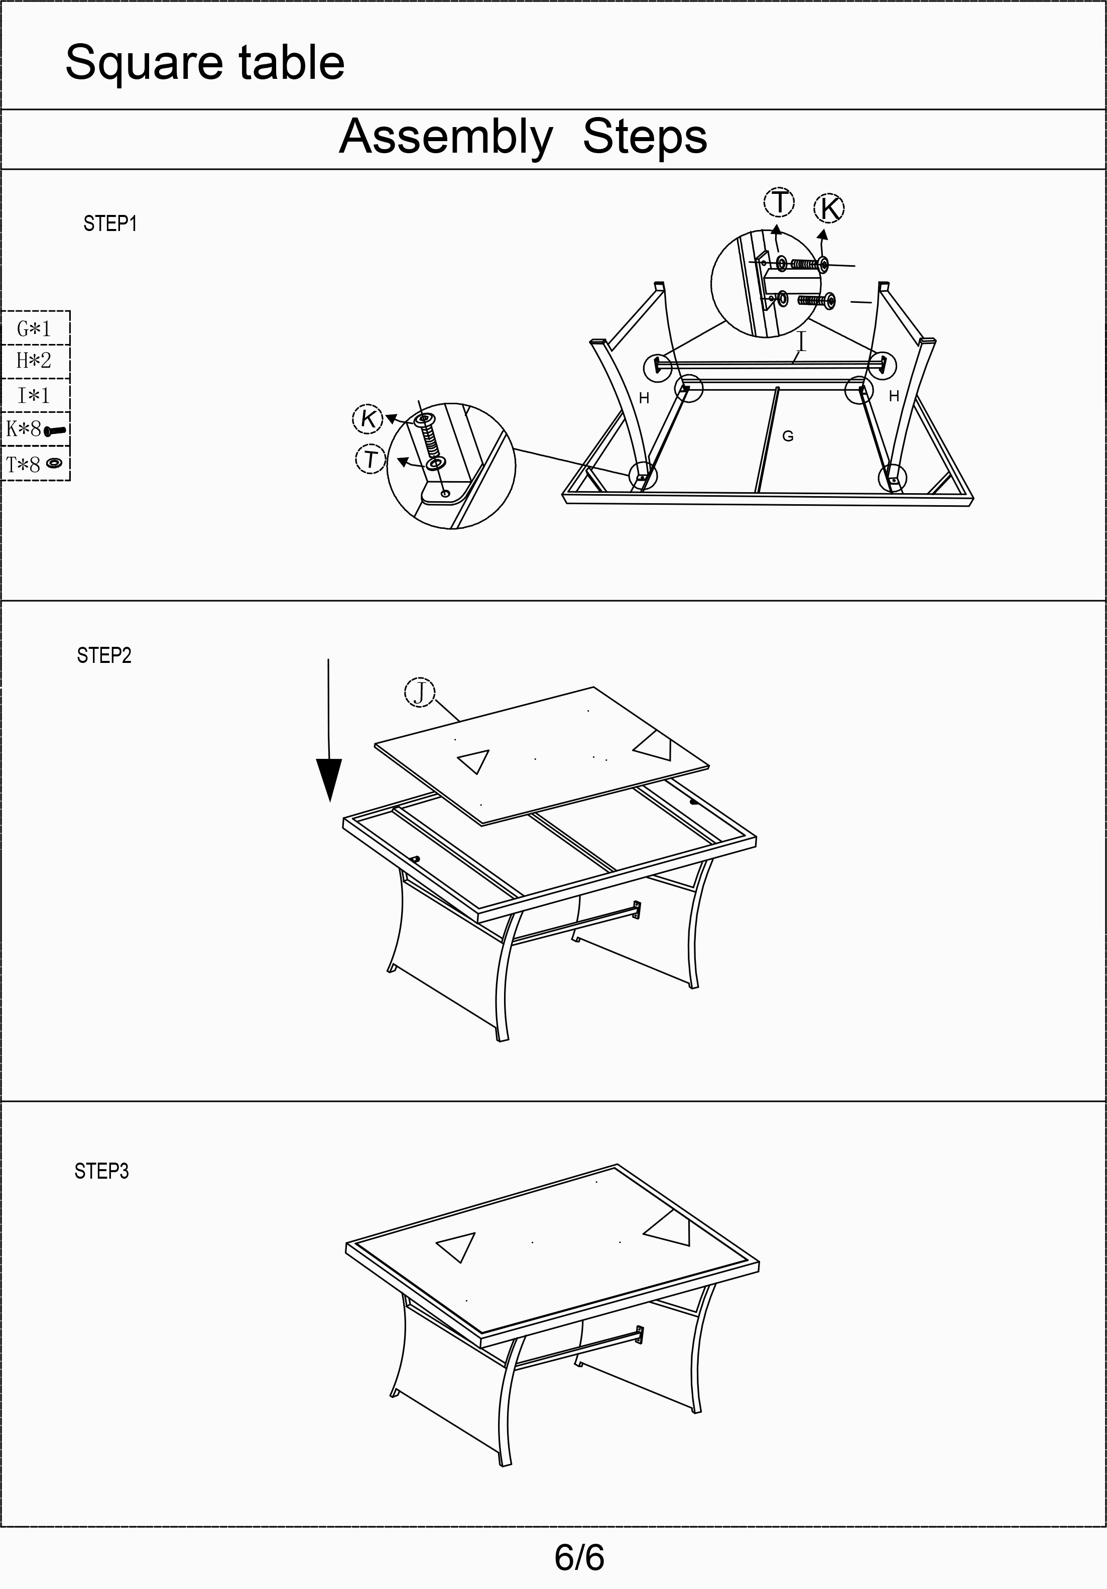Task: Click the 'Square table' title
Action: [205, 63]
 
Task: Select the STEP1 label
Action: [110, 223]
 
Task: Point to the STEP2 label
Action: [104, 655]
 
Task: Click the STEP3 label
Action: [102, 1171]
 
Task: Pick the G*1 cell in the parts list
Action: [35, 328]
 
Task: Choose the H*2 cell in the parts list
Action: [35, 361]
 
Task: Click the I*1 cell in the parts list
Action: [35, 395]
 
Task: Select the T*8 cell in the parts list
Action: [35, 464]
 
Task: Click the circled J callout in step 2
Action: [419, 692]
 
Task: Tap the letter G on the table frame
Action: [787, 436]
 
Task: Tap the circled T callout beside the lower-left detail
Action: [371, 459]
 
